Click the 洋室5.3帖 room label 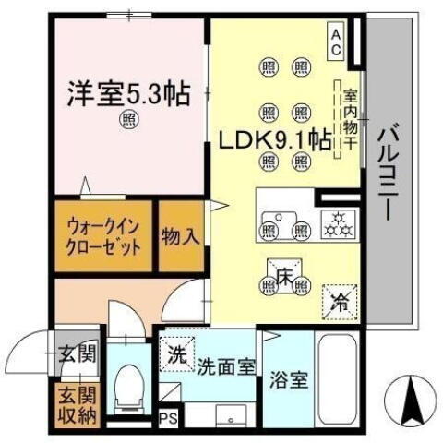(x=128, y=92)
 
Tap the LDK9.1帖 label (x=275, y=141)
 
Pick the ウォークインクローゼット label (x=103, y=239)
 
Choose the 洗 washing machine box (x=175, y=352)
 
